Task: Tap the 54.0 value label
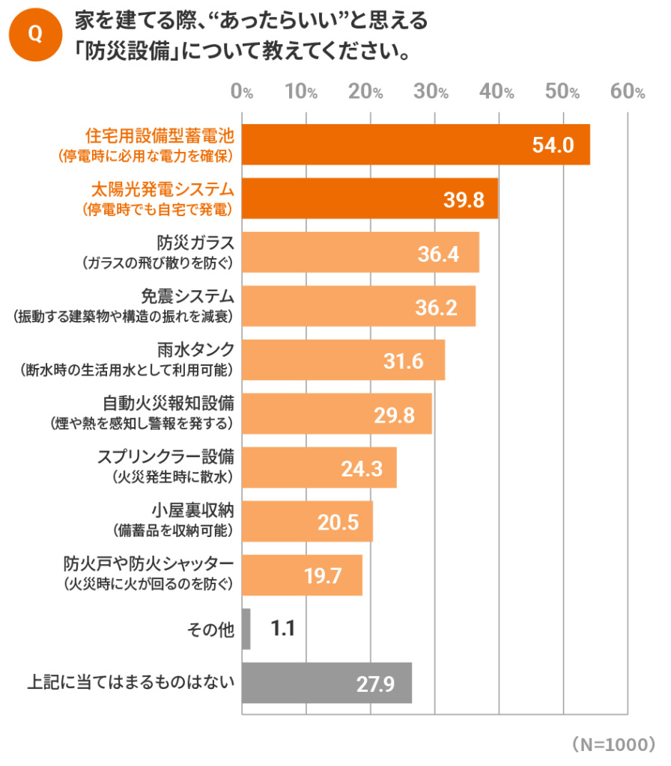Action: point(553,145)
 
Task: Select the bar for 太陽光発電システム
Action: point(370,199)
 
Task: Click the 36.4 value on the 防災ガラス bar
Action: point(439,254)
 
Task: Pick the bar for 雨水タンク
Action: point(344,361)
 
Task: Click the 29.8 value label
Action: point(394,415)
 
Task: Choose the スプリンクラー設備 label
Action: point(167,457)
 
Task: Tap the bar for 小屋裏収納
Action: point(307,522)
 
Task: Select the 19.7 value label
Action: point(323,576)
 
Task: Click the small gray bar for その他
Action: point(246,629)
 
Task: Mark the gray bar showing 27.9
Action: point(327,683)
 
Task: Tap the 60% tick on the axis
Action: point(628,92)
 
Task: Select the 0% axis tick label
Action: point(243,92)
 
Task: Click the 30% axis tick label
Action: point(434,92)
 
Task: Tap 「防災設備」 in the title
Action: point(131,54)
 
